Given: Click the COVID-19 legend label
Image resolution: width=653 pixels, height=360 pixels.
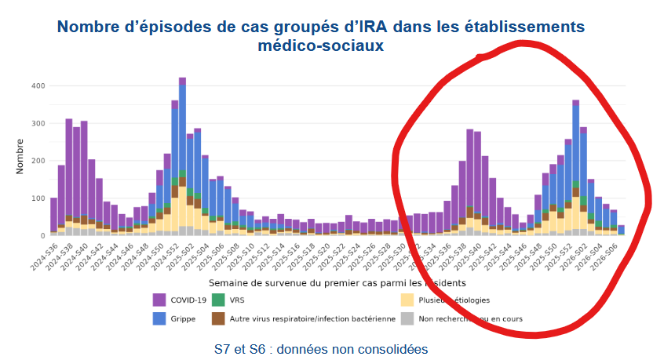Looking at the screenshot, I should (188, 299).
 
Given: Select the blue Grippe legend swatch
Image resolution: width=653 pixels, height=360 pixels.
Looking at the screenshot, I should (158, 318).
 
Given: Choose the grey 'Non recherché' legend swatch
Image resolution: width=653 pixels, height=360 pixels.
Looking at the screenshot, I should (407, 318).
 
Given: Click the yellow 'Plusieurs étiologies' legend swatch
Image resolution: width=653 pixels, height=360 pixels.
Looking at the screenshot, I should (407, 299).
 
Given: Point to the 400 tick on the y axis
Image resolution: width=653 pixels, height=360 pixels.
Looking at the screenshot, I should (38, 85).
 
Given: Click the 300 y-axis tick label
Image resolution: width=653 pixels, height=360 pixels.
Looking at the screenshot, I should (38, 123).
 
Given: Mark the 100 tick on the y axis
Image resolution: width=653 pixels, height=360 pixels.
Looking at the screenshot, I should (38, 198).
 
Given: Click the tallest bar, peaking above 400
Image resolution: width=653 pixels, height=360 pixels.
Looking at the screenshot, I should (182, 157).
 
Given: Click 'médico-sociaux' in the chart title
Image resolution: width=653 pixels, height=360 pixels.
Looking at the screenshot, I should (320, 45).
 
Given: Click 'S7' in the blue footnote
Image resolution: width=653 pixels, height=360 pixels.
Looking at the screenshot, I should (222, 347).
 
